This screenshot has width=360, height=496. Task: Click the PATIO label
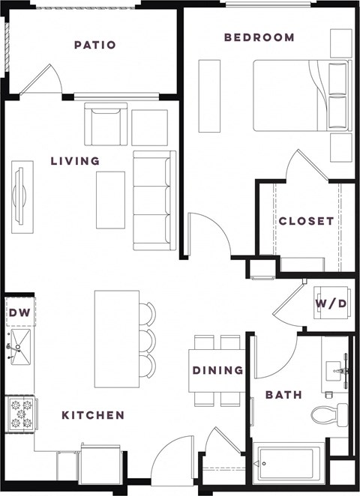coord(94,45)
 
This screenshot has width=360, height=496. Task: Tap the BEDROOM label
coord(259,37)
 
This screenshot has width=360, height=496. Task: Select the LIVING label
coord(75,160)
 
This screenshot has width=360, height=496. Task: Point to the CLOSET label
coord(306,221)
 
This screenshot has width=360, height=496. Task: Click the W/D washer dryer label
coord(331,305)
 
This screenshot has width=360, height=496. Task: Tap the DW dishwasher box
coord(19,313)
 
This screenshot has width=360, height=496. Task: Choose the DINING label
coord(217,370)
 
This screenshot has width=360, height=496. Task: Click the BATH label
coord(283,394)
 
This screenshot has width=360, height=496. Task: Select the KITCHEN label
coord(93,414)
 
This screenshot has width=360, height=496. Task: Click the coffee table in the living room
coord(110,200)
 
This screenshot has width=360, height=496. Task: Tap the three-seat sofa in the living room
coord(154,199)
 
